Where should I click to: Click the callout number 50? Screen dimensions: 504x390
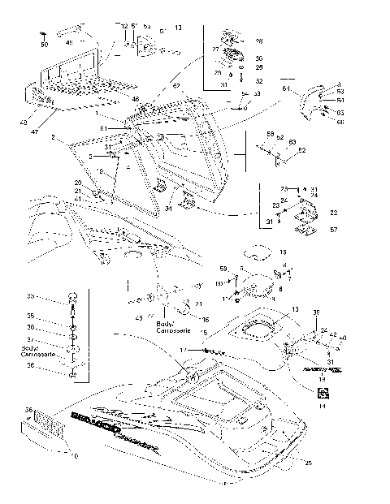45,44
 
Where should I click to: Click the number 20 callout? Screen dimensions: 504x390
78,183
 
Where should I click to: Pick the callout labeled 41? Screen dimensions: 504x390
77,199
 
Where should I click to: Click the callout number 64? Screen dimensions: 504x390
286,88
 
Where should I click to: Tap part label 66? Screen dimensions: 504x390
340,122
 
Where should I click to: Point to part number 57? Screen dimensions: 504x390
333,230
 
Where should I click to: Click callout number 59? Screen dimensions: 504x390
223,268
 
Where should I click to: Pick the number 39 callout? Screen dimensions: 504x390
317,313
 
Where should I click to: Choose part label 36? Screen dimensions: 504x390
29,409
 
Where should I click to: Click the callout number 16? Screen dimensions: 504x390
205,320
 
